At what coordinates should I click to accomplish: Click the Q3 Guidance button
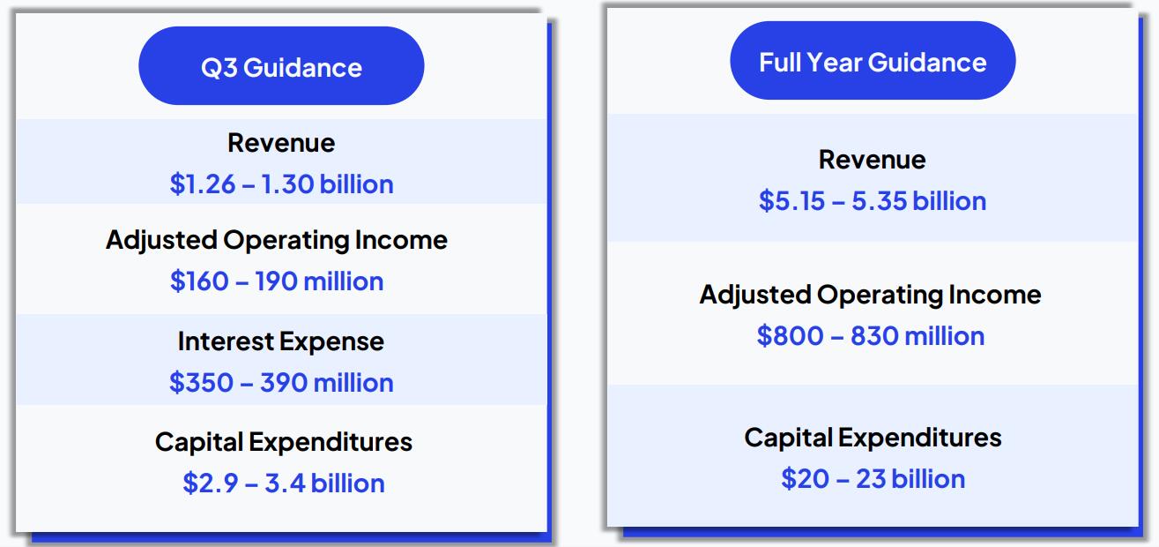[x=281, y=66]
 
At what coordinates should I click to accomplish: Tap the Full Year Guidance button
[x=873, y=61]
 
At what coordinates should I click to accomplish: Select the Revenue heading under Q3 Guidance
[x=281, y=143]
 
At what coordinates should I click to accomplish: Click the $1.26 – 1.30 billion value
[x=281, y=184]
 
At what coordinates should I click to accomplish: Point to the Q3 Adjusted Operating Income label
[x=277, y=241]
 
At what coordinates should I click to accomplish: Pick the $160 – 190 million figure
[x=277, y=281]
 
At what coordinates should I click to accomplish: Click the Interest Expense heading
[x=281, y=342]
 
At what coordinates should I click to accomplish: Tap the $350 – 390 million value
[x=281, y=383]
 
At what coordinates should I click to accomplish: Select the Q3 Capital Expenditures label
[x=284, y=443]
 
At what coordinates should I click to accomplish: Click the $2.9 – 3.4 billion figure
[x=284, y=483]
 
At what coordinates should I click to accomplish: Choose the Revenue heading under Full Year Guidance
[x=873, y=160]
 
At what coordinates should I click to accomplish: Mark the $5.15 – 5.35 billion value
[x=873, y=201]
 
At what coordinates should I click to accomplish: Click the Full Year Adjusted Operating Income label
[x=870, y=296]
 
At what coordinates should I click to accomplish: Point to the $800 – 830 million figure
[x=870, y=336]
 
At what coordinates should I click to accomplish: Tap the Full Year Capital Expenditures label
[x=873, y=438]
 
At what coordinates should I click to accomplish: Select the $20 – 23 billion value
[x=873, y=479]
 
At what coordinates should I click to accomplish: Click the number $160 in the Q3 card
[x=199, y=281]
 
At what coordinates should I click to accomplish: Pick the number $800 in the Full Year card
[x=790, y=336]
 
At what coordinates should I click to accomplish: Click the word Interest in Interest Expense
[x=227, y=341]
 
